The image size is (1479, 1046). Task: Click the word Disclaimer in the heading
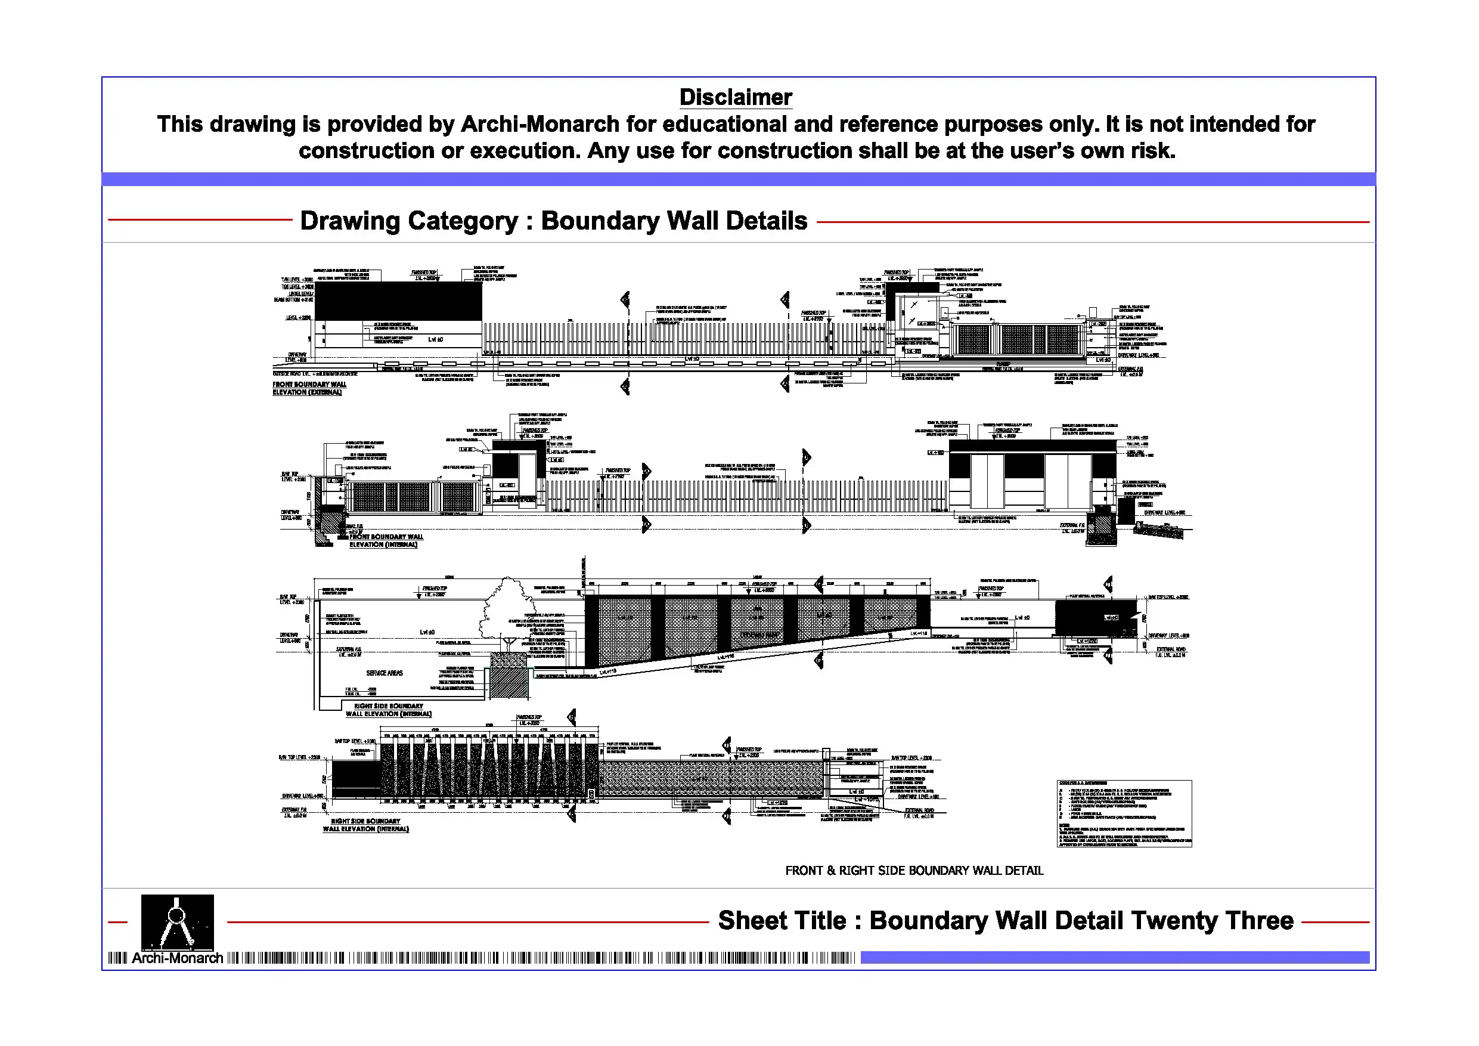736,97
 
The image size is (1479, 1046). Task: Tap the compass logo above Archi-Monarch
177,921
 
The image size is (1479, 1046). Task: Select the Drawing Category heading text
553,221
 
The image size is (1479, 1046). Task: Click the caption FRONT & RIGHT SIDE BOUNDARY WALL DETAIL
913,871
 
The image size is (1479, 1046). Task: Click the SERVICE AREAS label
385,673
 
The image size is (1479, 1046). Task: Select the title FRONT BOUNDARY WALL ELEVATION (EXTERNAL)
309,388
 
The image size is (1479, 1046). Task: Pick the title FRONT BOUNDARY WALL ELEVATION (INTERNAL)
386,540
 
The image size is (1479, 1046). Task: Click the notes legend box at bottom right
1124,813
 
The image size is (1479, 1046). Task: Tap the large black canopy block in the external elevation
398,301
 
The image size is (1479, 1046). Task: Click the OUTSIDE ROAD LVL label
315,374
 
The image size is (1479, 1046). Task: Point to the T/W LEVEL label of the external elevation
297,280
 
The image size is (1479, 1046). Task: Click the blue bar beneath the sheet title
1114,957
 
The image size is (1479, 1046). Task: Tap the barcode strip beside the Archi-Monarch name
541,958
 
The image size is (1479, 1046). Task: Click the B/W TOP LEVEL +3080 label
354,741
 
